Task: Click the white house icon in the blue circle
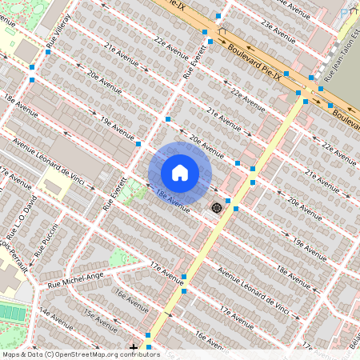(x=180, y=173)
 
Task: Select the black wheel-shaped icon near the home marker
(x=215, y=208)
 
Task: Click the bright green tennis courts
(x=12, y=313)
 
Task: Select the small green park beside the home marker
(x=130, y=193)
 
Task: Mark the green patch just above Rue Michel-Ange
(x=119, y=258)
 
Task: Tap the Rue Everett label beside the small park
(x=112, y=193)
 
